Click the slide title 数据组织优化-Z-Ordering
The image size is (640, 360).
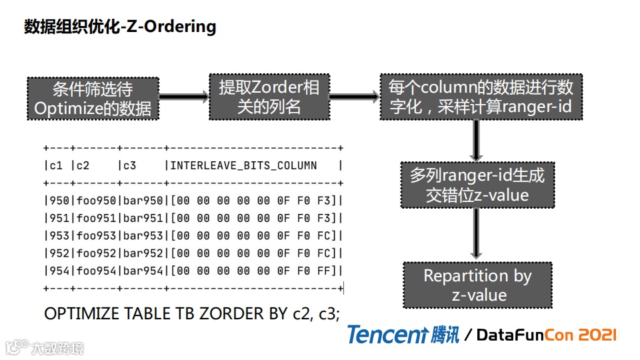120,27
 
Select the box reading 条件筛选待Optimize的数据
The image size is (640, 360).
93,98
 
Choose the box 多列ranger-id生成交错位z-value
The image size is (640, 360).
477,185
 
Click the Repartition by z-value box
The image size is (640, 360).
477,285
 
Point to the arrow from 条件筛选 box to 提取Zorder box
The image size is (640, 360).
184,97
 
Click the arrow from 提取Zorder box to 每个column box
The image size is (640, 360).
355,97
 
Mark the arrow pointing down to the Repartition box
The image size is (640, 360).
476,233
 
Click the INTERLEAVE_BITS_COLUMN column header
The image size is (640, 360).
243,165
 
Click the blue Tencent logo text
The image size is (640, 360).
387,334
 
